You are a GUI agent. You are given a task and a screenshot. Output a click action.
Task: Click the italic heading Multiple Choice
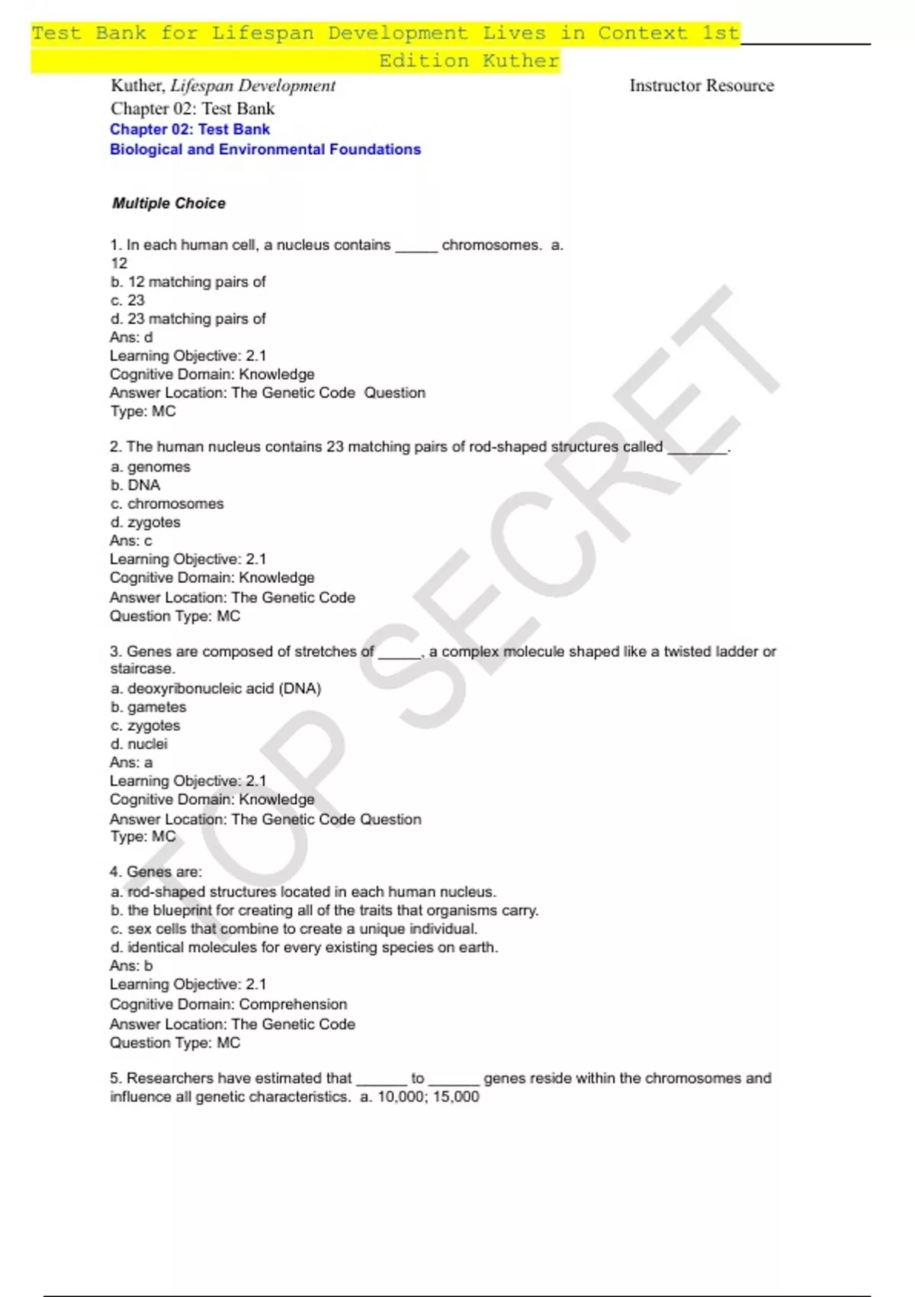[x=169, y=204]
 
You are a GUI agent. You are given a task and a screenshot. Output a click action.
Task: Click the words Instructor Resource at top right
[x=701, y=85]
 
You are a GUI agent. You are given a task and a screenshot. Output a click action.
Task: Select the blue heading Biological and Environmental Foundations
[x=265, y=150]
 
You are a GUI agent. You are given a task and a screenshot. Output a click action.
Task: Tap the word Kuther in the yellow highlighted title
[x=521, y=61]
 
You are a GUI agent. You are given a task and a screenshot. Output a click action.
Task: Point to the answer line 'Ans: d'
[x=131, y=337]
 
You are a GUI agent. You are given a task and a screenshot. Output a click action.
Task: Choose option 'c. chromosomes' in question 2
[x=167, y=504]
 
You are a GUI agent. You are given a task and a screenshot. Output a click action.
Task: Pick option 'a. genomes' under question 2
[x=150, y=467]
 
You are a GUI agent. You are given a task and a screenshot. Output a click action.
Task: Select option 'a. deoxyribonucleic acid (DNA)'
[x=216, y=688]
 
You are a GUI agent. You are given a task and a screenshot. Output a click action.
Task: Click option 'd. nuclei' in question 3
[x=139, y=744]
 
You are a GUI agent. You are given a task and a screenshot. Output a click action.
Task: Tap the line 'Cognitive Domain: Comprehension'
[x=228, y=1004]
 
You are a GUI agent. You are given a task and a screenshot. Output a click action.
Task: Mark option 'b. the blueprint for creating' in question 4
[x=324, y=910]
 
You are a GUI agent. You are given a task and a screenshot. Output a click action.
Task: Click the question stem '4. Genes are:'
[x=156, y=872]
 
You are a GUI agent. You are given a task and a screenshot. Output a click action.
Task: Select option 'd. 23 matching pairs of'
[x=188, y=319]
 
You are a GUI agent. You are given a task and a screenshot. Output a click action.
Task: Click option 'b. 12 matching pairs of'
[x=188, y=282]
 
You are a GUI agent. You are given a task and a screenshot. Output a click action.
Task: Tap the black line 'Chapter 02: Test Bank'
[x=192, y=108]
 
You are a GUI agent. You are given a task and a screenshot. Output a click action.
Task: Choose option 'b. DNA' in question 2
[x=135, y=485]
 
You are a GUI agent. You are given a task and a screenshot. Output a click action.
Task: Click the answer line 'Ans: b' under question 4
[x=131, y=966]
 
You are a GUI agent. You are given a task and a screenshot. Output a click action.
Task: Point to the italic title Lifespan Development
[x=252, y=85]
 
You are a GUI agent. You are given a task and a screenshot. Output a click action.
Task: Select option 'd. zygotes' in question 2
[x=145, y=523]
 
